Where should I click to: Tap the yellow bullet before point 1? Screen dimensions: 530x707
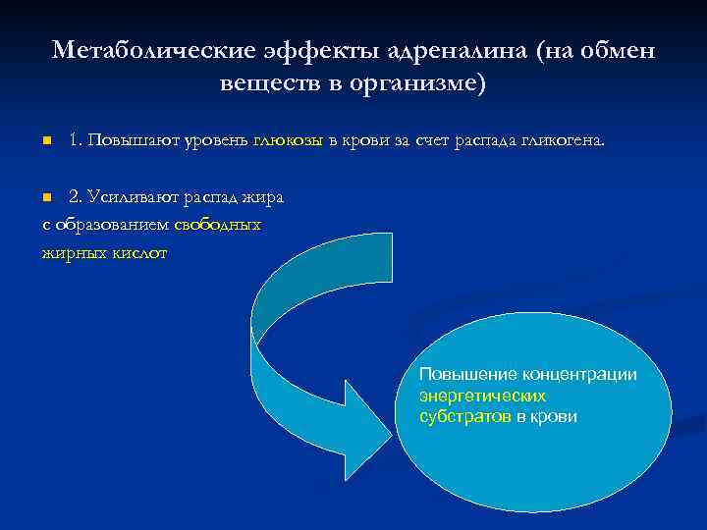point(45,141)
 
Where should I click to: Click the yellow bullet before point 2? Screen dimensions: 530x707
point(45,197)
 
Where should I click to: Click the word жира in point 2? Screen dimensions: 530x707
point(266,196)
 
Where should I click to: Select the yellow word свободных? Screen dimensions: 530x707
point(217,225)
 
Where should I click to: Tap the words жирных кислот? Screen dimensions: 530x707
point(104,252)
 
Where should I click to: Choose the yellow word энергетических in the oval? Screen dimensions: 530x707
point(482,396)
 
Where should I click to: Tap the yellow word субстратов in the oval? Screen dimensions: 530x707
point(464,416)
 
